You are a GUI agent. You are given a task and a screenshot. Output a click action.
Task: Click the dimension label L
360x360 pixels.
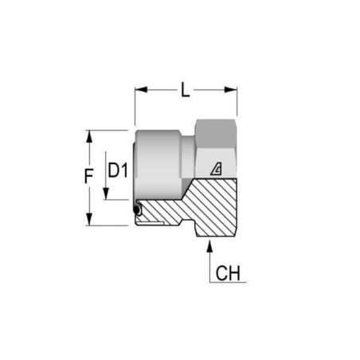pyautogui.click(x=186, y=89)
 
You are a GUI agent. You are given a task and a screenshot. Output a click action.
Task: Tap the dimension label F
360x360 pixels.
pyautogui.click(x=88, y=176)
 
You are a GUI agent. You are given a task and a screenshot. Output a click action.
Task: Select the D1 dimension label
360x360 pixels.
pyautogui.click(x=118, y=170)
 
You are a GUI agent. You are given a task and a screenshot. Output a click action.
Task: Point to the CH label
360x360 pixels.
pyautogui.click(x=228, y=273)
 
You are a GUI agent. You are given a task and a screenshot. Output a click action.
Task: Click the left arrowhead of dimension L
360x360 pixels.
pyautogui.click(x=141, y=89)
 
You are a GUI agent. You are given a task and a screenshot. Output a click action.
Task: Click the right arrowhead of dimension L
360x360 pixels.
pyautogui.click(x=231, y=90)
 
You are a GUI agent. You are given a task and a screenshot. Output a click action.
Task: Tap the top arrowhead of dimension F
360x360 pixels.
pyautogui.click(x=89, y=136)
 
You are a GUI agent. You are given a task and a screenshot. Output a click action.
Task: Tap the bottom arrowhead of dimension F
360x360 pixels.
pyautogui.click(x=89, y=219)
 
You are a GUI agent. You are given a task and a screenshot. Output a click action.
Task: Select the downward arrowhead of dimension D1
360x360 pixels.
pyautogui.click(x=106, y=194)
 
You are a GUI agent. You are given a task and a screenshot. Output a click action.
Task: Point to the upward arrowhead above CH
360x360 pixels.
pyautogui.click(x=209, y=246)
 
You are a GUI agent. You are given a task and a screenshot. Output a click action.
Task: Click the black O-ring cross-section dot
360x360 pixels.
pyautogui.click(x=137, y=210)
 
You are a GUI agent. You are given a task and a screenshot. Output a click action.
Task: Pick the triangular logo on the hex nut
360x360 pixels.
pyautogui.click(x=217, y=169)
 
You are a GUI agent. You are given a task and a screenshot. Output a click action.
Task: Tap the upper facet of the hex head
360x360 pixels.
pyautogui.click(x=216, y=134)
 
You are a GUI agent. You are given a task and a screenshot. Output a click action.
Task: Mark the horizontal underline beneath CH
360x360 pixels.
pyautogui.click(x=228, y=282)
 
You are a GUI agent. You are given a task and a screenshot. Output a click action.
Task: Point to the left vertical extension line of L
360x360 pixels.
pyautogui.click(x=135, y=106)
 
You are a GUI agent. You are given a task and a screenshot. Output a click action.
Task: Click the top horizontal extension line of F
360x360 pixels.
pyautogui.click(x=107, y=130)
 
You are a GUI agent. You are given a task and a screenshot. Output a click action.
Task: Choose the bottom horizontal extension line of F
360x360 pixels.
pyautogui.click(x=107, y=225)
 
